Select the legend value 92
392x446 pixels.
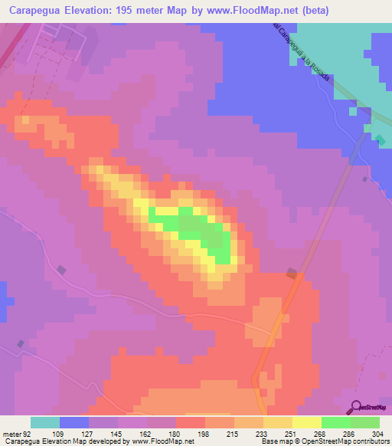click(x=17, y=433)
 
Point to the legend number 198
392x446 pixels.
click(x=204, y=433)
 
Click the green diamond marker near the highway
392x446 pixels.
click(x=381, y=139)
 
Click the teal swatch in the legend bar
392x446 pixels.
click(x=45, y=422)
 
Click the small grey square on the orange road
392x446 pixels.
click(x=292, y=273)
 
